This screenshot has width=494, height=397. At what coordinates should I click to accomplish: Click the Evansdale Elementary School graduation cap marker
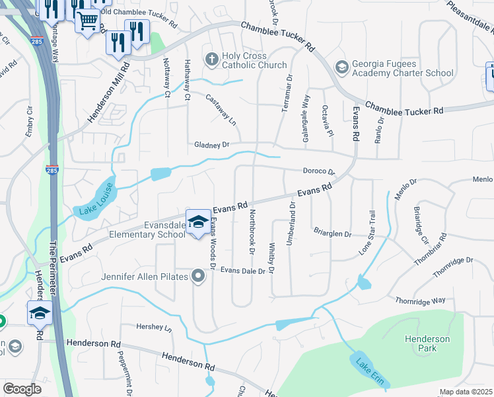[198, 222]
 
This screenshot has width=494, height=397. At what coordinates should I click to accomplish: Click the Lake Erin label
[370, 372]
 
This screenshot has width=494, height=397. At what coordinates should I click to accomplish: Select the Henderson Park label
[427, 343]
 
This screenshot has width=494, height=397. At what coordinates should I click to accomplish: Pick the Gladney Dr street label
[211, 144]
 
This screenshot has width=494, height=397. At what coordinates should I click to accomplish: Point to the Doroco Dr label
[320, 171]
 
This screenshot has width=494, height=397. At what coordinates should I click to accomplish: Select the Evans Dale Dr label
[247, 270]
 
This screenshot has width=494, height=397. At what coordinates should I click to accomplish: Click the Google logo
[22, 389]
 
